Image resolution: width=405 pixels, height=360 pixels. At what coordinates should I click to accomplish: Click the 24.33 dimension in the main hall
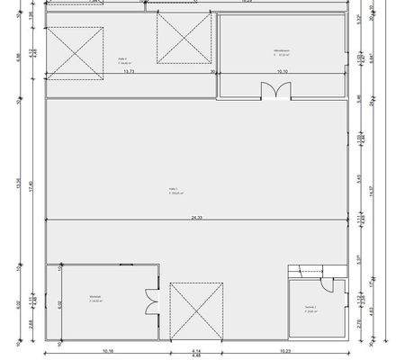[195, 218]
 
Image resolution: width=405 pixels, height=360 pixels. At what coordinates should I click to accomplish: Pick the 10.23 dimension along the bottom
[284, 350]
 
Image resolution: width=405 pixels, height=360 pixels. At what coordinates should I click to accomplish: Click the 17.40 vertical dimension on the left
[30, 186]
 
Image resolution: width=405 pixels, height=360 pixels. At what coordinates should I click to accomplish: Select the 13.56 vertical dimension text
[20, 183]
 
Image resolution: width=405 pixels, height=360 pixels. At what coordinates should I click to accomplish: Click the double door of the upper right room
[272, 90]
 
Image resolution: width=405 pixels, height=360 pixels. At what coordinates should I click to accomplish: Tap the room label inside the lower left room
[95, 299]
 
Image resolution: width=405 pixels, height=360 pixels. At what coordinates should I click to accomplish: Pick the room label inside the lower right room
[310, 309]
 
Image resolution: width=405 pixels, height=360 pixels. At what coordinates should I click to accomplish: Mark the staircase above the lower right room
[306, 270]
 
